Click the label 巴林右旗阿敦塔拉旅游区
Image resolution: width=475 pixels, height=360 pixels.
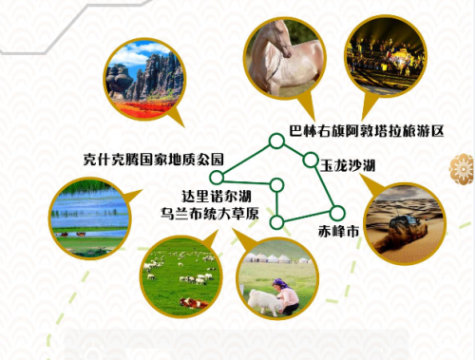click(367, 131)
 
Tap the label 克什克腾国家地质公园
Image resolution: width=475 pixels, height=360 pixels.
click(154, 160)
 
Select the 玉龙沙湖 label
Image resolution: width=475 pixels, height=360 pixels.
click(348, 165)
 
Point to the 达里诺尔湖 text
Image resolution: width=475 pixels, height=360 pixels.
click(217, 197)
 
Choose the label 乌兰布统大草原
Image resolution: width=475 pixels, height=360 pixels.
click(210, 214)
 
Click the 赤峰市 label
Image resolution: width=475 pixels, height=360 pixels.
click(338, 232)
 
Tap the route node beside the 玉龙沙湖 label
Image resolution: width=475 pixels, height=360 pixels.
click(311, 160)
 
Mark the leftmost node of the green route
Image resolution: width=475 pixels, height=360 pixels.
click(218, 178)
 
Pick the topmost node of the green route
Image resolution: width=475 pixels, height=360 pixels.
click(276, 142)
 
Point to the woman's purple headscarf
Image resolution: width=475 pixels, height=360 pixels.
click(280, 283)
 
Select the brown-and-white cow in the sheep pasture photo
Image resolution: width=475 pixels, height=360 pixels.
click(194, 303)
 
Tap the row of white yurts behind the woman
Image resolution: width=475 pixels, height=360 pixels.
click(278, 258)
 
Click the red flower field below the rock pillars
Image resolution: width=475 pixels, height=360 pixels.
click(143, 107)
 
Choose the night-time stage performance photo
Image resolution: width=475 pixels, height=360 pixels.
click(386, 57)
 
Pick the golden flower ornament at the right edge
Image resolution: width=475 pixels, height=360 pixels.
click(463, 169)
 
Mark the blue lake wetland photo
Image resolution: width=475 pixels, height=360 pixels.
click(90, 218)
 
